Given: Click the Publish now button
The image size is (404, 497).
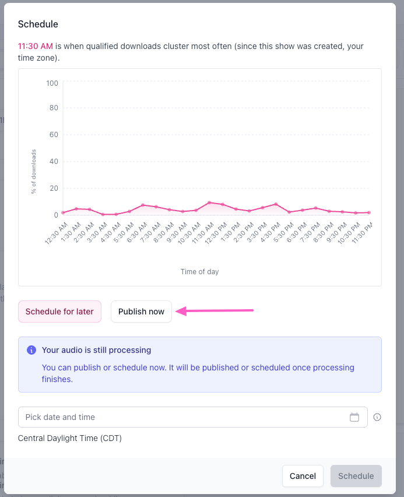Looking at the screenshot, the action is point(141,311).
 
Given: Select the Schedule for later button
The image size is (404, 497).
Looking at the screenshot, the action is point(59,311).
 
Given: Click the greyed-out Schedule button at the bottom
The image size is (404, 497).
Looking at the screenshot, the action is point(356,476).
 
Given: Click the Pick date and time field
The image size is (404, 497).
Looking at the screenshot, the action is point(192,417).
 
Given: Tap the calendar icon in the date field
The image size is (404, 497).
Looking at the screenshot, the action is point(354,417).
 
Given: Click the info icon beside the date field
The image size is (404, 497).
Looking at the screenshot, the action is point(377,417).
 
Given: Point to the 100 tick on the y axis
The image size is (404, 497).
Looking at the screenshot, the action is point(52,83).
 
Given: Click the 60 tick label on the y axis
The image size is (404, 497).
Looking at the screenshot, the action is point(54,135).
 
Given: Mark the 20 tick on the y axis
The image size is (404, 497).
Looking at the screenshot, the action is point(54,188).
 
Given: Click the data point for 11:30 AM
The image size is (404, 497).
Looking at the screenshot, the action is point(209,202).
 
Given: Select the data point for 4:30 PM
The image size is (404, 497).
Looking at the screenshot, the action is point(276,204).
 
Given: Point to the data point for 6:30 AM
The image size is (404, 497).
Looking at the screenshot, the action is point(143,205).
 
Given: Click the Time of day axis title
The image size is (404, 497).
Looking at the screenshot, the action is point(199,272).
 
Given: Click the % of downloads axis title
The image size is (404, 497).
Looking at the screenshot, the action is point(34,171).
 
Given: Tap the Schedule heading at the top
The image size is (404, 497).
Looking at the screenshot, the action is point(38,24).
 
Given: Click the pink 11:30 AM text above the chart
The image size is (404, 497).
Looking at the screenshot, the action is point(36,46).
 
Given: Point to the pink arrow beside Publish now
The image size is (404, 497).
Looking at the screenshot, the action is point(215,310).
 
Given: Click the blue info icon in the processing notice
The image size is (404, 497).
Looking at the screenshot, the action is point(31,350).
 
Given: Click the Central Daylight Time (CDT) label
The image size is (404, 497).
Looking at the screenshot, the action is point(70,438).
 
